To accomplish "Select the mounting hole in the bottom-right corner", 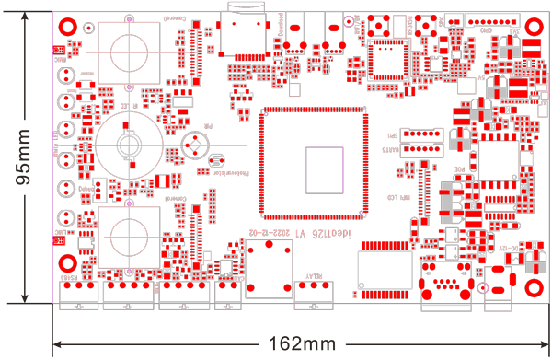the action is click(x=533, y=261).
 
